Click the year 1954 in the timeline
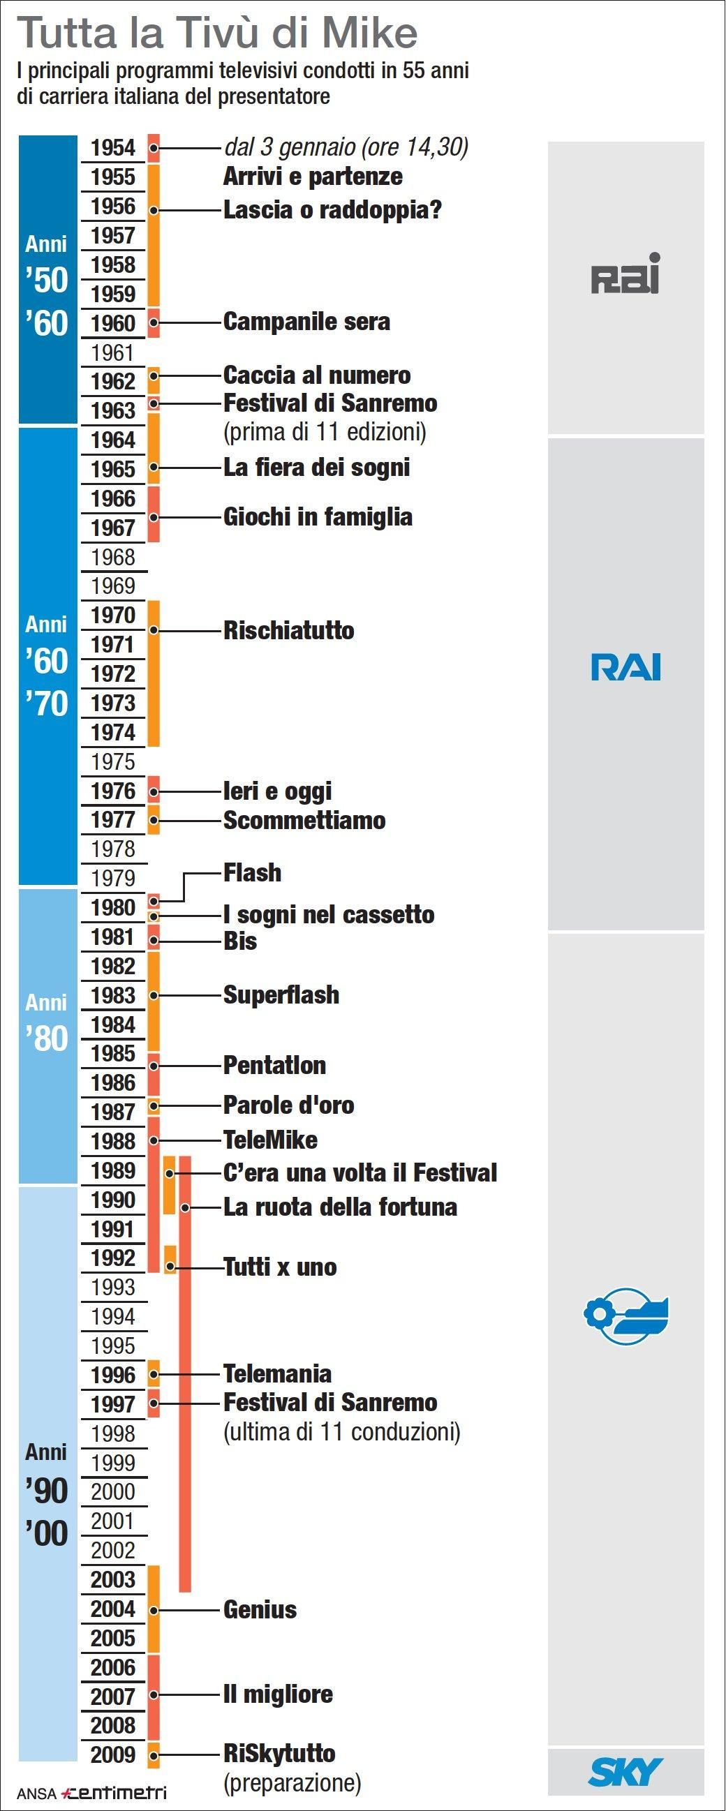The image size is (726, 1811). point(112,149)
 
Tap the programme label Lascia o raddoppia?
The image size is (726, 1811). point(332,209)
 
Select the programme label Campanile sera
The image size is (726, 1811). point(306,322)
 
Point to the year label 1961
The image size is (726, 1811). point(112,352)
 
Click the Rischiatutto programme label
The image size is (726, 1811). point(288,630)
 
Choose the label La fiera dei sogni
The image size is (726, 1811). point(316,468)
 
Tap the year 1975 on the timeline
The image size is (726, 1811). point(112,761)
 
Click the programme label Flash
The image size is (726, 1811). point(252,872)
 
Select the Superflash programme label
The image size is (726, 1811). point(281,994)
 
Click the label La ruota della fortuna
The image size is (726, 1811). point(340,1207)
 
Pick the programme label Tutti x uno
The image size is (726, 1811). point(280,1267)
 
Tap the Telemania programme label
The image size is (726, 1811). point(277,1373)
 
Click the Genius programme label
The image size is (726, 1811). point(260,1609)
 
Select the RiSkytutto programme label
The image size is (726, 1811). point(279,1753)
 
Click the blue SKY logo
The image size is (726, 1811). point(625,1772)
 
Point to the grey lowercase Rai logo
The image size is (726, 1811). point(625,274)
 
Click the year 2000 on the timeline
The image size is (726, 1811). point(112,1491)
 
